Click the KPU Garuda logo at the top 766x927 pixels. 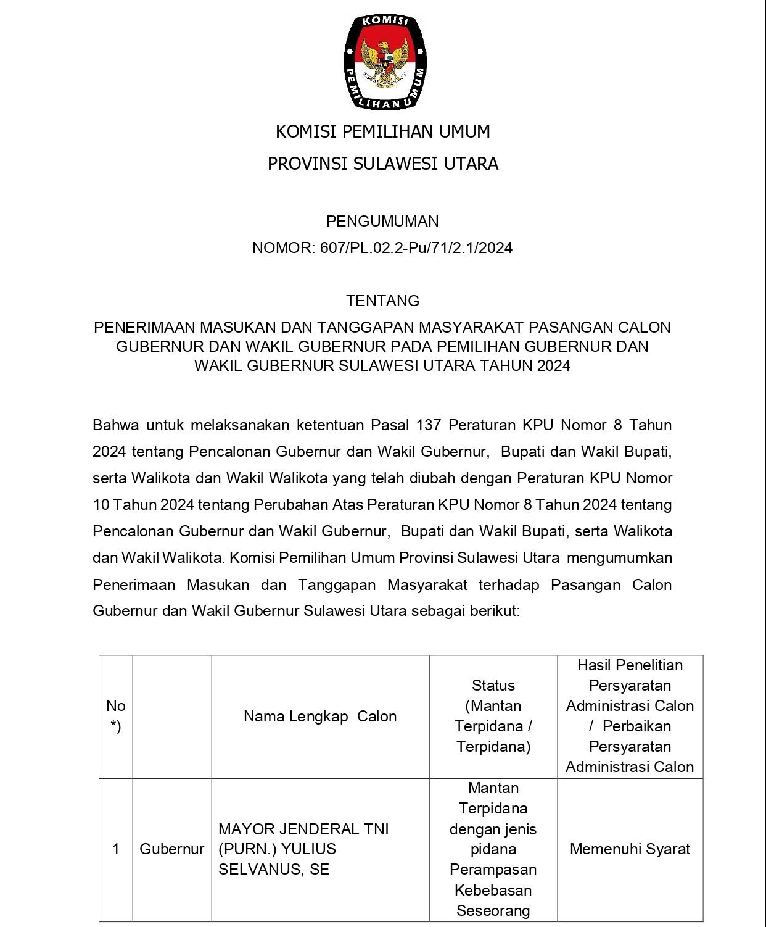[384, 62]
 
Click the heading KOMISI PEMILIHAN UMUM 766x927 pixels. [382, 131]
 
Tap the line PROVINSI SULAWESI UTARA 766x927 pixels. [382, 164]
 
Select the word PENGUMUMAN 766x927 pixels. [382, 221]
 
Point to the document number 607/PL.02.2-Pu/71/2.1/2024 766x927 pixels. [416, 248]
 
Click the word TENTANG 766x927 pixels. [382, 301]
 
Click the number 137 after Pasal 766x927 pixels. [429, 425]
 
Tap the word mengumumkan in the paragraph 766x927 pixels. [619, 558]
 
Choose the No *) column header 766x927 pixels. [116, 716]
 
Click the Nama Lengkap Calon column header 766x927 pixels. [320, 717]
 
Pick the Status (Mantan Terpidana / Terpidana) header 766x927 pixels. [493, 716]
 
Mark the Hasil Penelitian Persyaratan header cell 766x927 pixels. [630, 716]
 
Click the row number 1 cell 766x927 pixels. [116, 849]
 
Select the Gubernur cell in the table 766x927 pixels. [171, 849]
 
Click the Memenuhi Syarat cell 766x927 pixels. [630, 849]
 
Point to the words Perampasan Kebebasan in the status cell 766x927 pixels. [493, 879]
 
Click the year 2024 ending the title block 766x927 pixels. [553, 366]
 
